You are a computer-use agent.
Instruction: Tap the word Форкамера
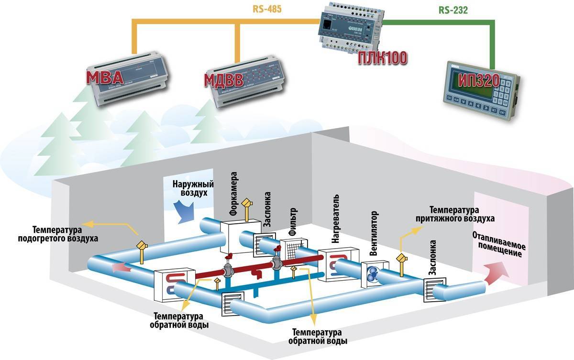(x=234, y=194)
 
